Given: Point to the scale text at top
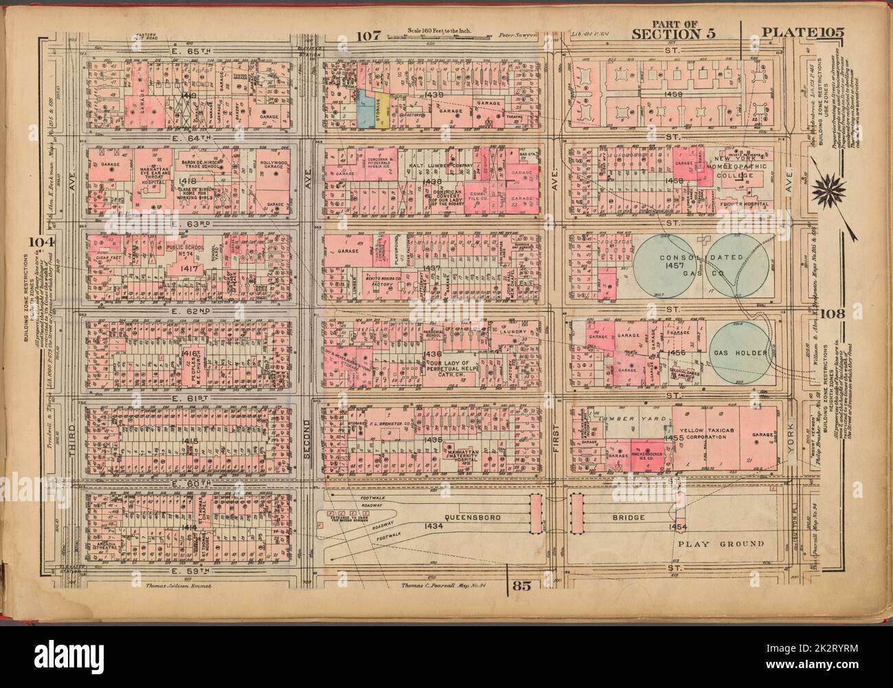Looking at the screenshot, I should (x=427, y=32).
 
